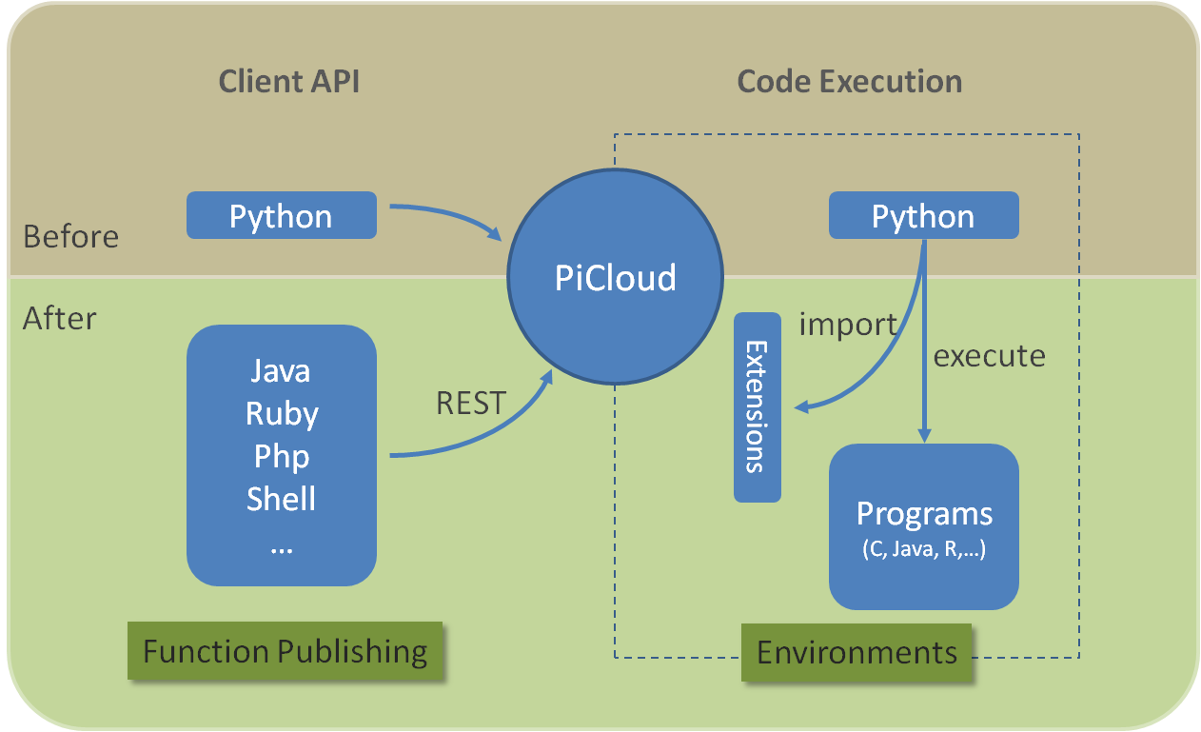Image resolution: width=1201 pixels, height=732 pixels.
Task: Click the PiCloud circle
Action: (615, 278)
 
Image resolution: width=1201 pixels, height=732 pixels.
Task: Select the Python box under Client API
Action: (281, 216)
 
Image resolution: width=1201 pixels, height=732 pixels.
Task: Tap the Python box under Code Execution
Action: (923, 216)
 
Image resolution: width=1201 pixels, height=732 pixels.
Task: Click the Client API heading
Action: (288, 82)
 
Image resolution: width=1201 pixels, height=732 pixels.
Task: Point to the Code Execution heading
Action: (849, 82)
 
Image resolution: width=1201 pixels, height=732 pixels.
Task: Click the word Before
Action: (70, 236)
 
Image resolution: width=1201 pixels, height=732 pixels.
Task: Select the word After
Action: (59, 318)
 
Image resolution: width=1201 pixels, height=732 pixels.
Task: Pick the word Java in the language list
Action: (281, 369)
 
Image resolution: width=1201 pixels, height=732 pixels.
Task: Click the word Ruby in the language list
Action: (281, 413)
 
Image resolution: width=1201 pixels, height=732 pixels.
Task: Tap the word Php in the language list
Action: (281, 456)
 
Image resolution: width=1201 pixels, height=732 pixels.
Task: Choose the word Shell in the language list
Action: (281, 499)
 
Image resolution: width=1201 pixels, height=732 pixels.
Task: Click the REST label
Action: (470, 404)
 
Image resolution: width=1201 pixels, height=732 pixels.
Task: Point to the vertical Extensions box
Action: (757, 406)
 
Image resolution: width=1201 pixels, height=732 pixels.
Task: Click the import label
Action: (847, 325)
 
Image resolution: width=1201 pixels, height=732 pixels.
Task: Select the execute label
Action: (989, 356)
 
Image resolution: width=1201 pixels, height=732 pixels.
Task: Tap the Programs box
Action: (923, 525)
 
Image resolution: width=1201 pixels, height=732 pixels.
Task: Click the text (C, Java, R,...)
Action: (923, 549)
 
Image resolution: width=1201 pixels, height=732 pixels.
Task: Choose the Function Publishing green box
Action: (285, 651)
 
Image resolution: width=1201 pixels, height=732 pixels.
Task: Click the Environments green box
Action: (856, 653)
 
